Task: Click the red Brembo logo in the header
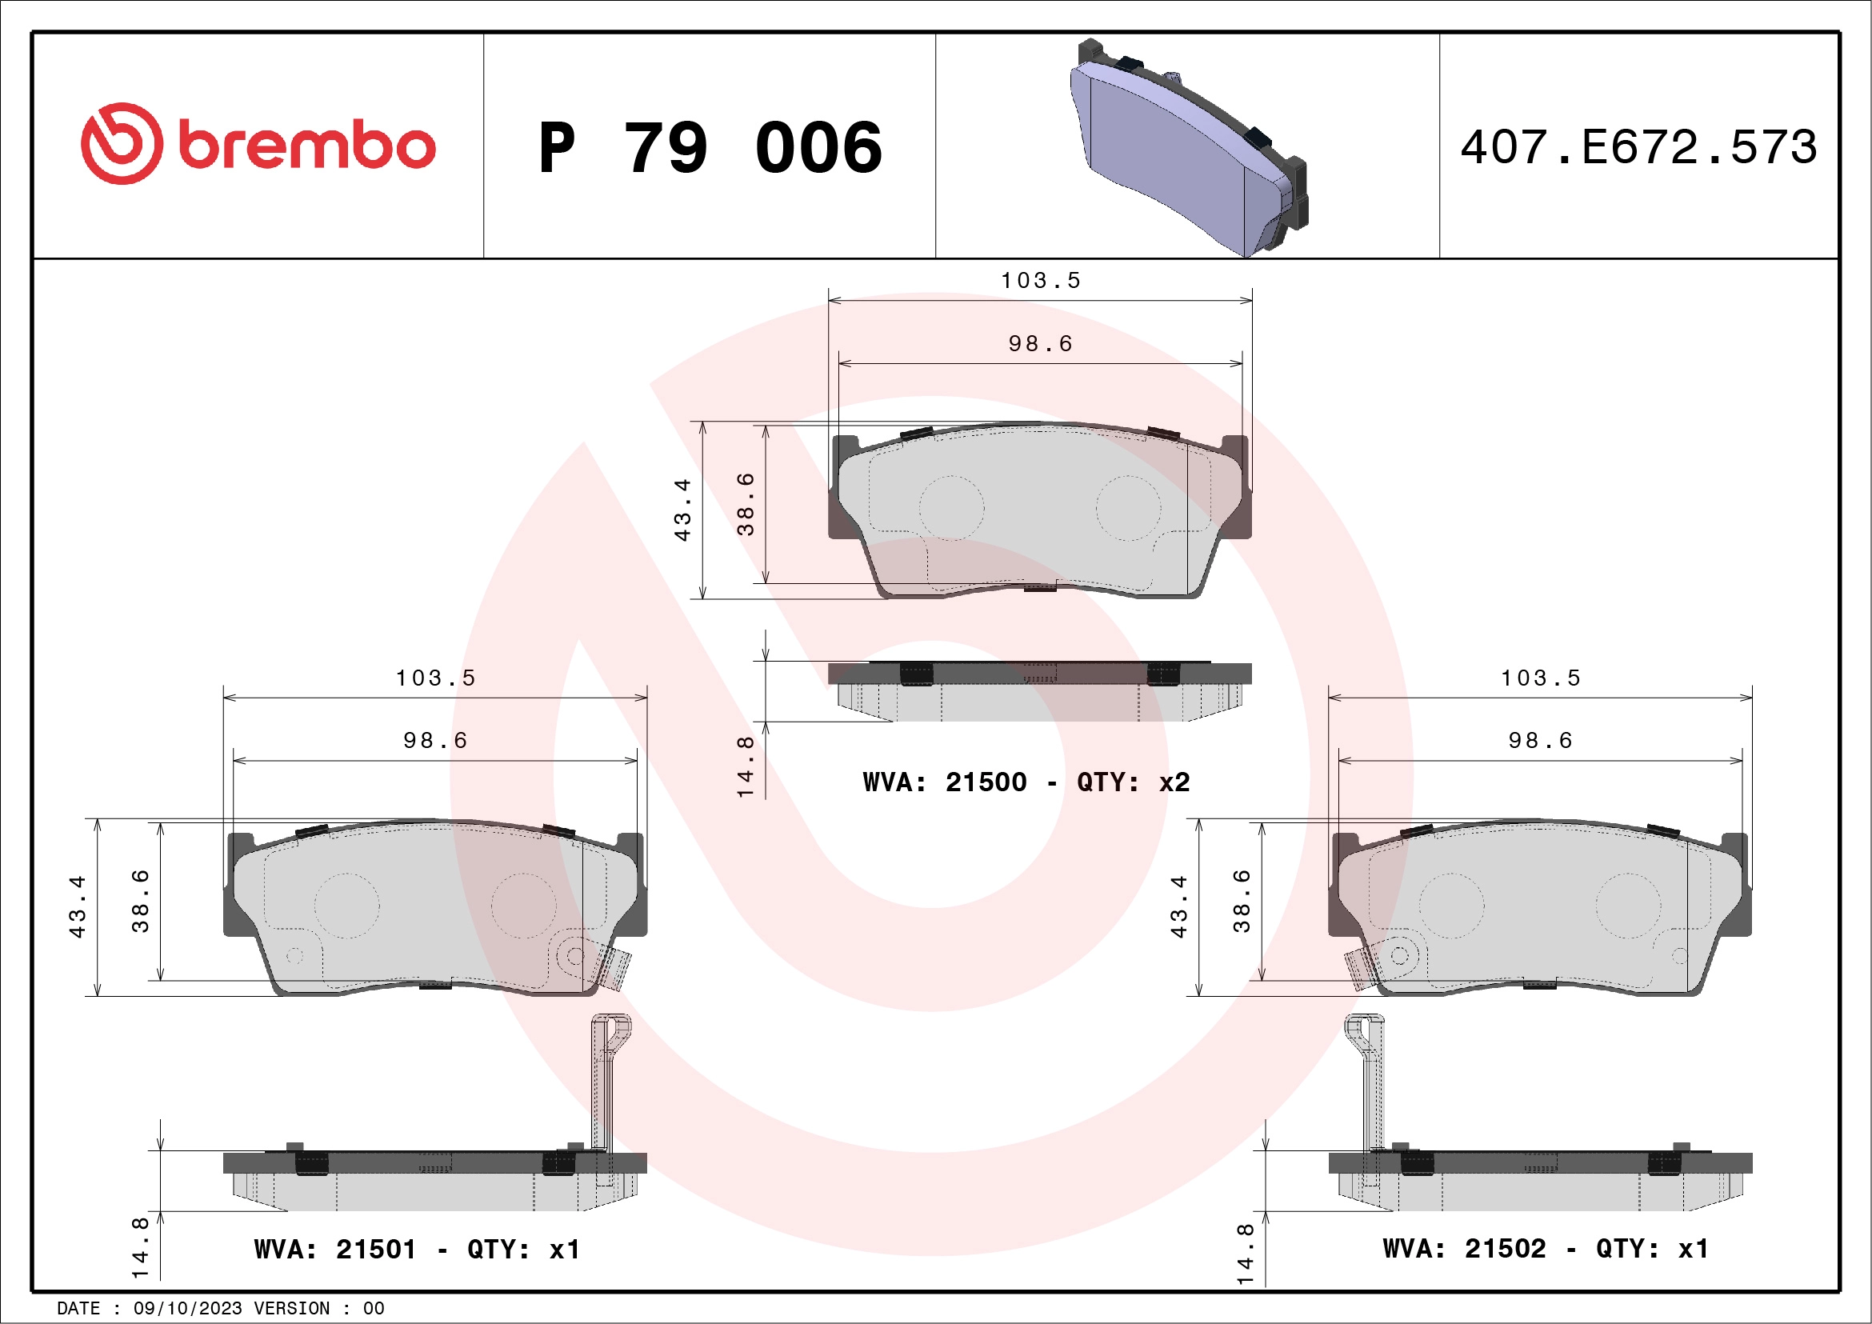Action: click(x=258, y=144)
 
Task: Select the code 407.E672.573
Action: click(x=1639, y=147)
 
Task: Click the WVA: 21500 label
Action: click(x=944, y=782)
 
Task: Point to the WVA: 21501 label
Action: click(x=335, y=1250)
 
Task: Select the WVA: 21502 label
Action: click(x=1463, y=1249)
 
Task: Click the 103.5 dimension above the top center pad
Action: click(x=1040, y=282)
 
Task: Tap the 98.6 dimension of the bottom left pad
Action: click(x=435, y=741)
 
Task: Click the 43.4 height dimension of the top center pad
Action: click(x=682, y=510)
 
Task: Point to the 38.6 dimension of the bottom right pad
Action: click(x=1241, y=901)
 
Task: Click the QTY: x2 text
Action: click(x=1134, y=782)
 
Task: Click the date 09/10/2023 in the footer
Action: click(x=187, y=1309)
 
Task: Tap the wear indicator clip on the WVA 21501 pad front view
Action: click(x=613, y=967)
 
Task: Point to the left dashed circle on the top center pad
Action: click(x=951, y=507)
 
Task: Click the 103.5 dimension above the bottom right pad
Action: click(x=1540, y=678)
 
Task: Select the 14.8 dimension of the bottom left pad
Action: click(x=140, y=1247)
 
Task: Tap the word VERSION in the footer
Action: click(x=292, y=1309)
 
